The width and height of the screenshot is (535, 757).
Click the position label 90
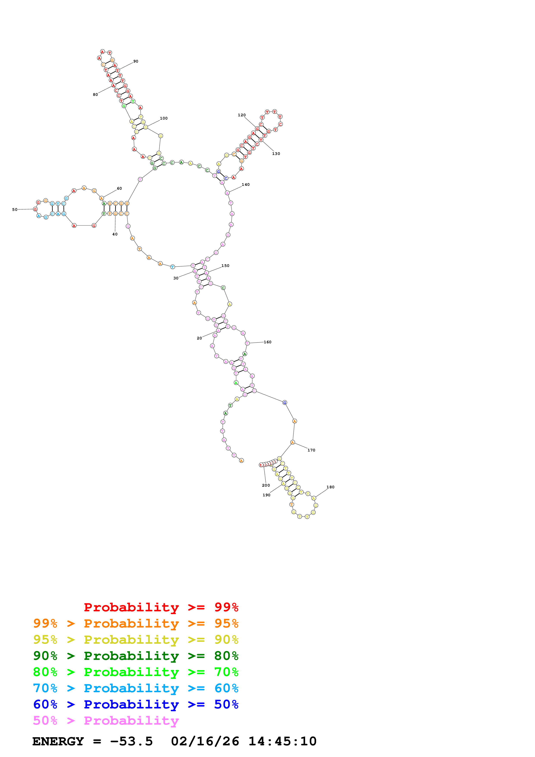(x=136, y=61)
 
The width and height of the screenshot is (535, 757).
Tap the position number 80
(x=95, y=95)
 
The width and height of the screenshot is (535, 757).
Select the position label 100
(x=164, y=118)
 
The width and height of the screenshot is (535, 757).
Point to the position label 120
(x=242, y=115)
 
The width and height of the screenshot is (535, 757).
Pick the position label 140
(x=246, y=185)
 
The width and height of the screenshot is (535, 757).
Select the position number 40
(x=115, y=234)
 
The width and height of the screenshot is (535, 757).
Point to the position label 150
(x=226, y=266)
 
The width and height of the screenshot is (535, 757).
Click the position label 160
(x=268, y=342)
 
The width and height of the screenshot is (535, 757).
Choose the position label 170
(x=311, y=450)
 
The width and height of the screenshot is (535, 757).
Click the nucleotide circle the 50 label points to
(x=35, y=209)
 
